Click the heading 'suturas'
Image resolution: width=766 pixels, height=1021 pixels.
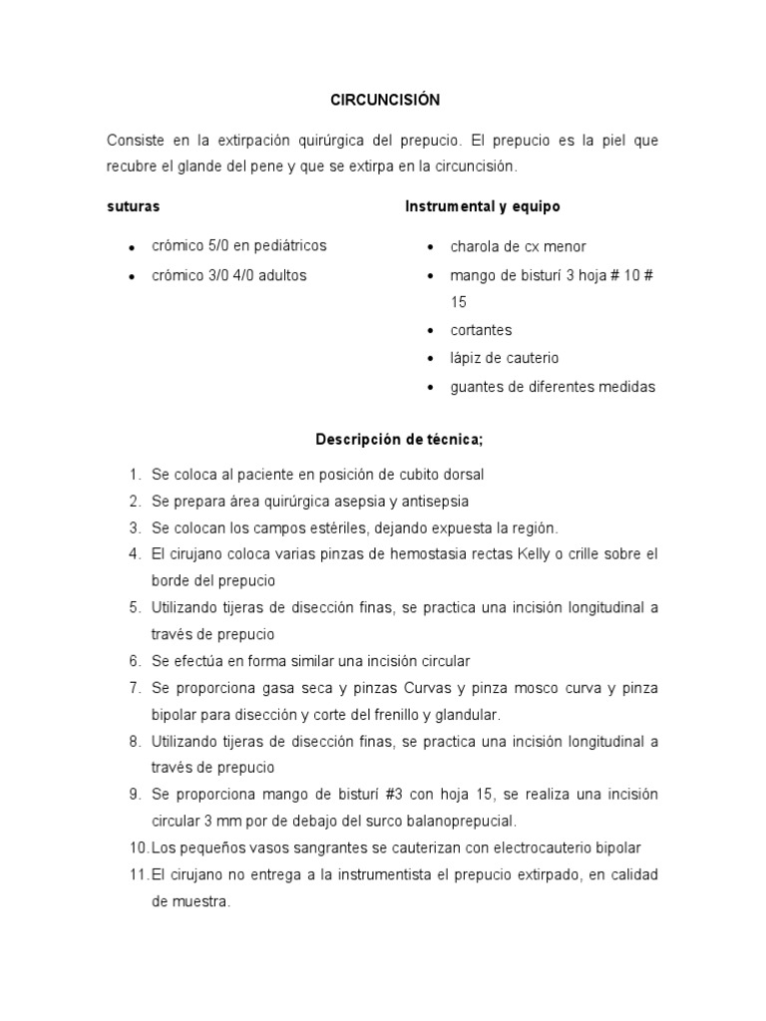coord(134,206)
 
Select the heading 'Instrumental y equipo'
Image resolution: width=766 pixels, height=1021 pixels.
coord(483,206)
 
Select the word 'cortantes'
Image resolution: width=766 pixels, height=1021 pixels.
coord(481,330)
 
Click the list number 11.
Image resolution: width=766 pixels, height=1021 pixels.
coord(138,874)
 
